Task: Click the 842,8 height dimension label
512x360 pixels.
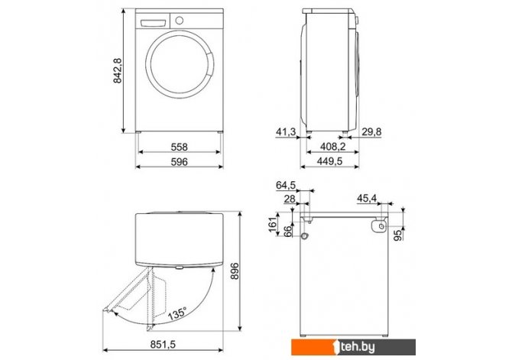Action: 118,70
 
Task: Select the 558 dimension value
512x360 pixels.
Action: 180,147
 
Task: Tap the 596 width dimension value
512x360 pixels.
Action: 180,162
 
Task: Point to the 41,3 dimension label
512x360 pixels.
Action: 286,132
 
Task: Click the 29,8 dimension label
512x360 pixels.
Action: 371,132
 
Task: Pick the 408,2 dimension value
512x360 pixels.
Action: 332,147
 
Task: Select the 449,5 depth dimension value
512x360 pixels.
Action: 329,161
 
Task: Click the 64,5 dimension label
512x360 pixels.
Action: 286,185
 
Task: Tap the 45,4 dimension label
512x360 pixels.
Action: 367,198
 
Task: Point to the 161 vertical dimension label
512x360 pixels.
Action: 273,224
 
